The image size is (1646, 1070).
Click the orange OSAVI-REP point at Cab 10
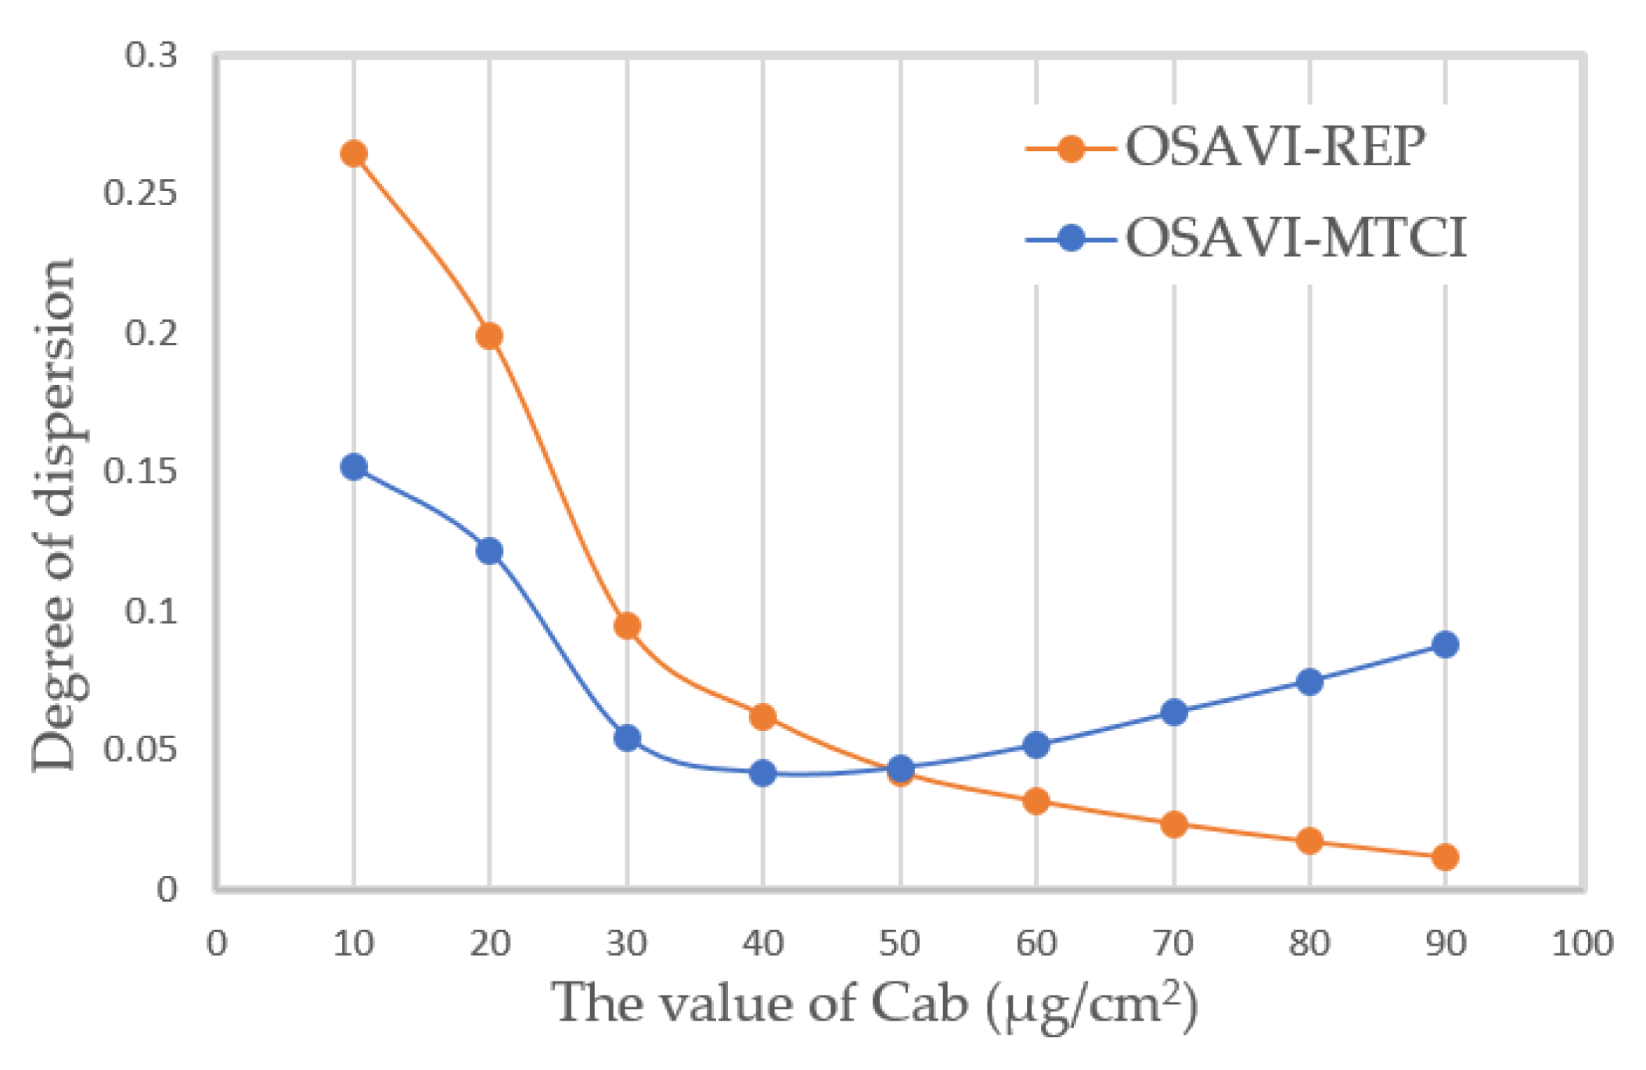click(354, 153)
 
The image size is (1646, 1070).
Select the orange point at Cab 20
click(489, 336)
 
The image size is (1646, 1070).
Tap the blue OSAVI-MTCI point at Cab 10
click(354, 467)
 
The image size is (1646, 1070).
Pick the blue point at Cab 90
click(1445, 644)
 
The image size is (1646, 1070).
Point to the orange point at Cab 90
click(1445, 857)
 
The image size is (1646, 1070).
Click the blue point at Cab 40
click(762, 773)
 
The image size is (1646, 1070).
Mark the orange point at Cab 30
click(627, 625)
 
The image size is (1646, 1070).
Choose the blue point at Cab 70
click(1173, 712)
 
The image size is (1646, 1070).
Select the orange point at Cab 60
click(1036, 801)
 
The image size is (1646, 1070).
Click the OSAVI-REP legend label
click(1275, 147)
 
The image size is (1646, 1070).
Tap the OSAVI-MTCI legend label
click(1295, 237)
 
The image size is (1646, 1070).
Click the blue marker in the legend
click(1071, 237)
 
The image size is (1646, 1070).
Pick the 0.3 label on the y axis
click(151, 56)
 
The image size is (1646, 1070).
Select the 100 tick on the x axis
click(1582, 944)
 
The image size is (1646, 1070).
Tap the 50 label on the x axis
click(899, 944)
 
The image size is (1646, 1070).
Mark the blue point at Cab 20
click(489, 551)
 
